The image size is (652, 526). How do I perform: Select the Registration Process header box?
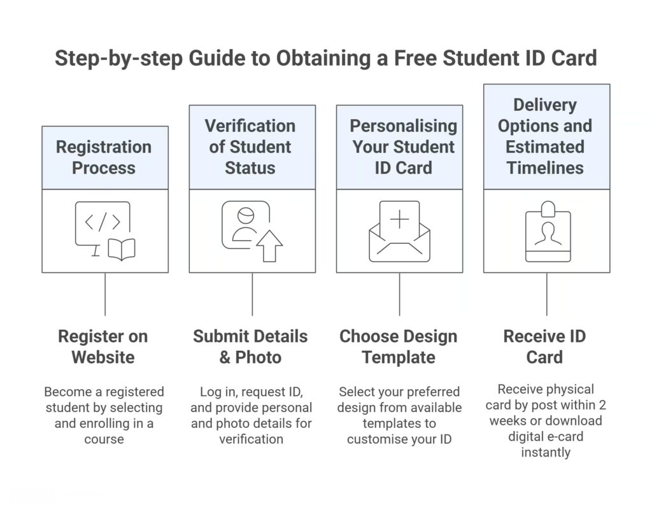pos(104,157)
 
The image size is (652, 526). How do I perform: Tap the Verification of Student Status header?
pos(252,147)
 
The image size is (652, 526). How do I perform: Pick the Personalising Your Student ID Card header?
pos(399,147)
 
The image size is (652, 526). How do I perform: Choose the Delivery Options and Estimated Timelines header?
pos(546,136)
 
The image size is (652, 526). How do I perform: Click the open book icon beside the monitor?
pos(121,250)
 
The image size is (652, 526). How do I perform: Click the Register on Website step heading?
pos(104,346)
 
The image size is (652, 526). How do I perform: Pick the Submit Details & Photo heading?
pos(250,346)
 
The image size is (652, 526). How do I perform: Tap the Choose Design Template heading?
pos(398,346)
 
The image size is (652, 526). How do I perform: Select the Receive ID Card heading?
pos(544,346)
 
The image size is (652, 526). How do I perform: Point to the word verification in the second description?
pos(252,439)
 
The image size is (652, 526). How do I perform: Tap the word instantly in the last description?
pos(545,453)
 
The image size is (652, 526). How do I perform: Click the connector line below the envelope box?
pos(399,294)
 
